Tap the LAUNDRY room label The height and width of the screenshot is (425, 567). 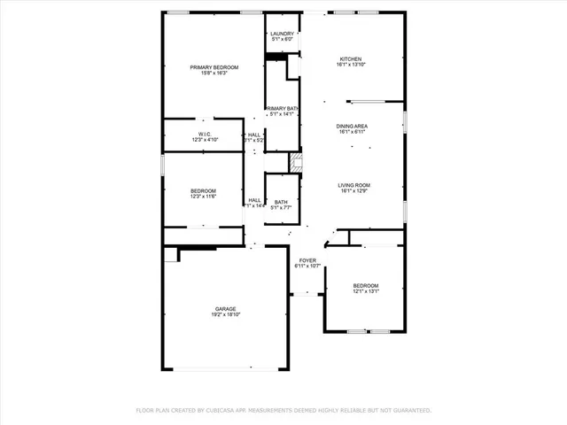tap(283, 34)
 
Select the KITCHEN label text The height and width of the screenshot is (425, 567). tap(351, 58)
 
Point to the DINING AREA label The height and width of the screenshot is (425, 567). tap(352, 127)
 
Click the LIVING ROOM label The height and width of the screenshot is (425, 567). tap(353, 185)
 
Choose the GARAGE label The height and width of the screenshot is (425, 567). tap(223, 308)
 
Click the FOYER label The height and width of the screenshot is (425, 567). tap(307, 259)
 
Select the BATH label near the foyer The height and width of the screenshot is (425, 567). tap(281, 203)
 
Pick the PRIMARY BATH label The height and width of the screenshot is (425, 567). tap(283, 108)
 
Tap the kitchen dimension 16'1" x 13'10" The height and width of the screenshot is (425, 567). tap(351, 65)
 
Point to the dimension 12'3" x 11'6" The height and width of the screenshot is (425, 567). tap(203, 197)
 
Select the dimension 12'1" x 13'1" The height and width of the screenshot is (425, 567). tap(366, 291)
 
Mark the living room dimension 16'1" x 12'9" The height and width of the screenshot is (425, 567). tap(353, 191)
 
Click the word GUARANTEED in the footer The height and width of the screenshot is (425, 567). tap(412, 411)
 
